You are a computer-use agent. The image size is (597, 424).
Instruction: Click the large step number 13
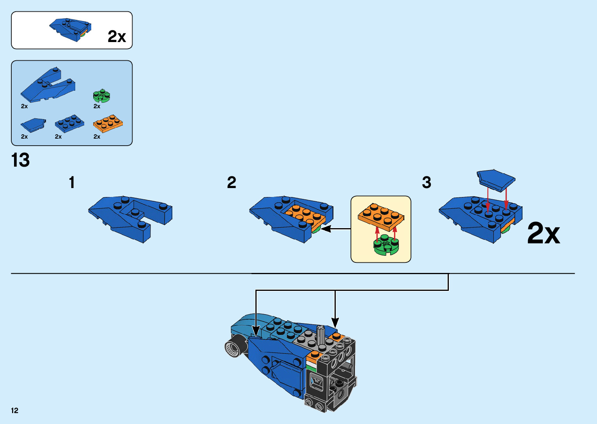tap(21, 160)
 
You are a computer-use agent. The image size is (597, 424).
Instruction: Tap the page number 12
tap(15, 410)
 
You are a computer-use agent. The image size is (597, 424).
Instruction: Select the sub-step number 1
tap(72, 182)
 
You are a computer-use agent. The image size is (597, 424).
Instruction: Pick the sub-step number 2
tap(232, 182)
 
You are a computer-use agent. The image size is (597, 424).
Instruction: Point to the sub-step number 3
tap(427, 182)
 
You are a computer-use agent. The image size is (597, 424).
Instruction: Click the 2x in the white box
tap(117, 37)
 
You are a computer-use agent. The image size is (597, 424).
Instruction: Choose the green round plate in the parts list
tap(101, 95)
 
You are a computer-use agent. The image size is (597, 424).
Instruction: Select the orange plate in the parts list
tap(108, 123)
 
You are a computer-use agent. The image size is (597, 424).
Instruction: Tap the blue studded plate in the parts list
tap(69, 123)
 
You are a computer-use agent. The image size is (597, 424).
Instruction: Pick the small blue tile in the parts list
tap(33, 125)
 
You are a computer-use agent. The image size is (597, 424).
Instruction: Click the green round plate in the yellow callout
tap(386, 245)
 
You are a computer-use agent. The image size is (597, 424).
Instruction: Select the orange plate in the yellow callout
tap(381, 216)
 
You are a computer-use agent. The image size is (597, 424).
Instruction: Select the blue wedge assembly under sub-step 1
tap(131, 218)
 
